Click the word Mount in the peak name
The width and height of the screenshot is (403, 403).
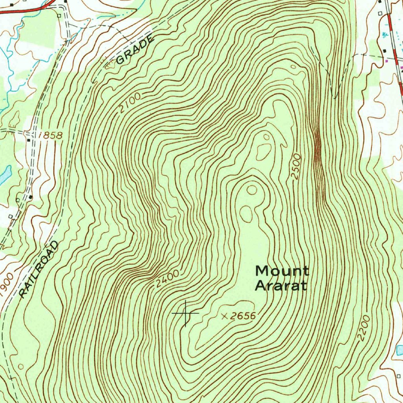(282, 271)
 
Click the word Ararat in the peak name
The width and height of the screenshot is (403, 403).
(280, 285)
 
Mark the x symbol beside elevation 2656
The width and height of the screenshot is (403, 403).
(225, 316)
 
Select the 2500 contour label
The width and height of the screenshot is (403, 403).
(296, 167)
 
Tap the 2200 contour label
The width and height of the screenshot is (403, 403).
(364, 327)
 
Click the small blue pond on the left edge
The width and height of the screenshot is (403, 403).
(6, 175)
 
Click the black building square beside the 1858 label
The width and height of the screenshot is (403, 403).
(29, 140)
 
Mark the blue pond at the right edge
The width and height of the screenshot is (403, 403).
(399, 349)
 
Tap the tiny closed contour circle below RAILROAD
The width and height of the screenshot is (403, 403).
(20, 366)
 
